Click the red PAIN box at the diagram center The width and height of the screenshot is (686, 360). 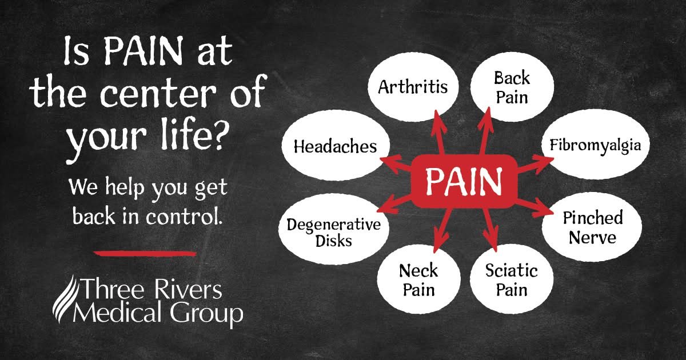464,182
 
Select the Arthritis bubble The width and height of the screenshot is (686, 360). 413,87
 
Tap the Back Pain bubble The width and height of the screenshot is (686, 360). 512,87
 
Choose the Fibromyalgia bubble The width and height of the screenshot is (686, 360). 595,145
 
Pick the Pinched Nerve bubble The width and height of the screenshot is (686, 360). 592,227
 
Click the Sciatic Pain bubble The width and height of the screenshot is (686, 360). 512,279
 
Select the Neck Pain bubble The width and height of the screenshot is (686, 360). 418,279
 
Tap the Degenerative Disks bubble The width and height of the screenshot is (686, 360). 334,229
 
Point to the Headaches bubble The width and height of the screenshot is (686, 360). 336,146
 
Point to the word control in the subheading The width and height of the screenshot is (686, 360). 183,216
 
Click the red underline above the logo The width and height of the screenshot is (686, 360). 145,254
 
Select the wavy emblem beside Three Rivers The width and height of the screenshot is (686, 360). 64,298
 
